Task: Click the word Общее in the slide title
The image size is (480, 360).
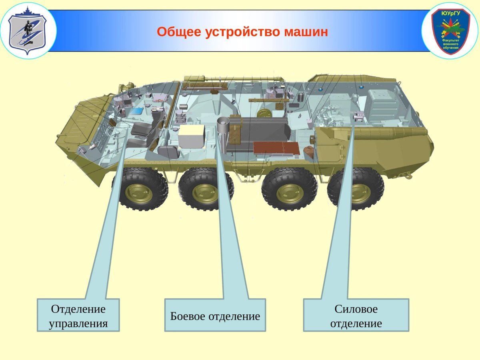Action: point(179,32)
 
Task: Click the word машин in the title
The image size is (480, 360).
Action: point(306,32)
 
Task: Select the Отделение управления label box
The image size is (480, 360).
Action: point(78,315)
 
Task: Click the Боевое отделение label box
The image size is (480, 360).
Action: point(215,315)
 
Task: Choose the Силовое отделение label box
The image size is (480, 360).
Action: point(356,315)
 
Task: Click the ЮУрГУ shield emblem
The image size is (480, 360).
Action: point(450,31)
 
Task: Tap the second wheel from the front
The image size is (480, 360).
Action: point(205,190)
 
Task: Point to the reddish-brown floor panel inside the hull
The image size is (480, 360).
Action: point(276,149)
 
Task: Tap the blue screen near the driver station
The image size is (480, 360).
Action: point(137,110)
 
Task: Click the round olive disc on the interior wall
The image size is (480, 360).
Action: point(264,112)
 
